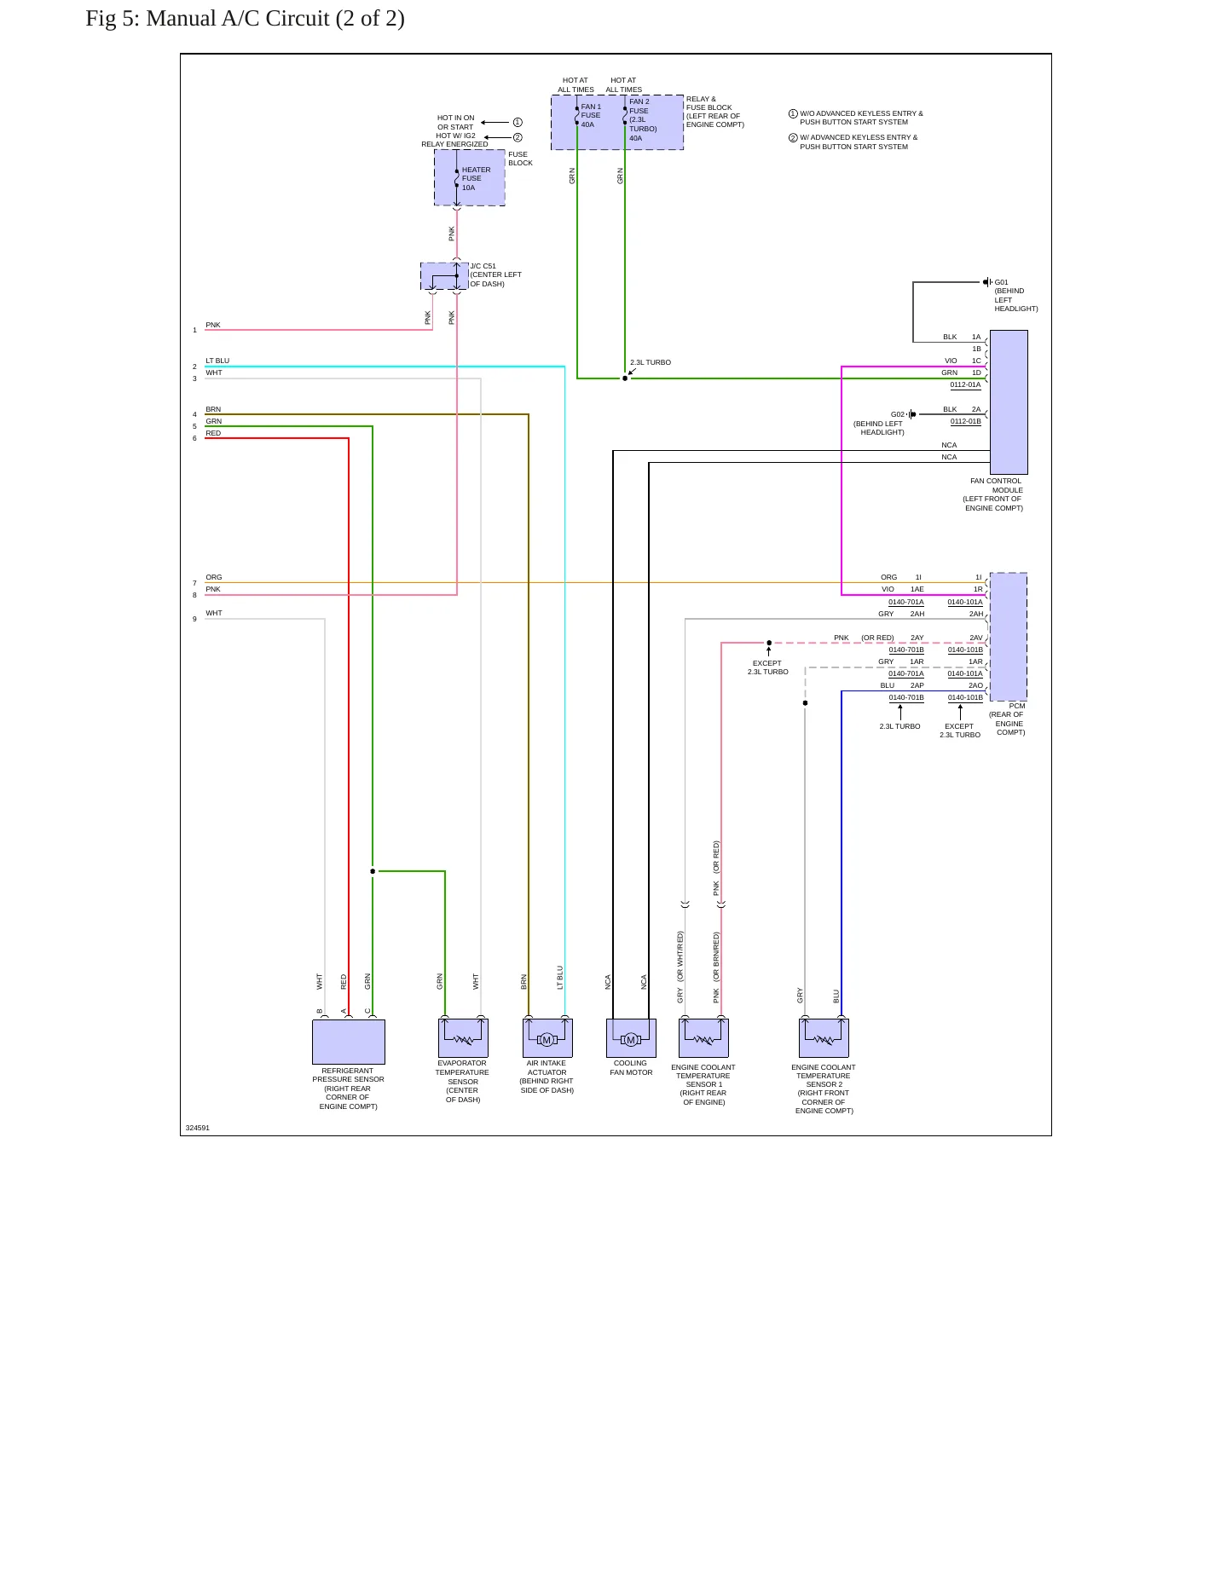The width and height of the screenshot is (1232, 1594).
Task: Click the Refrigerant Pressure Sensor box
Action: (x=348, y=1042)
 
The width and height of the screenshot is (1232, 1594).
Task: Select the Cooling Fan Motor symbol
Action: (x=631, y=1038)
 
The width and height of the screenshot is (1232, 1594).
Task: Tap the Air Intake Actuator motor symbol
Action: (x=547, y=1038)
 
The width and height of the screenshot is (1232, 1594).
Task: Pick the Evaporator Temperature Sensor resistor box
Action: (x=463, y=1038)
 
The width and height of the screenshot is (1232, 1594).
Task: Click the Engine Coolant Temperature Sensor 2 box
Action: (x=824, y=1038)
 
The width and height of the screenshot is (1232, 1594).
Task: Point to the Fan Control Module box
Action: (x=1009, y=402)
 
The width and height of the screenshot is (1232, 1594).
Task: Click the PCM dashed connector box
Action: (x=1008, y=637)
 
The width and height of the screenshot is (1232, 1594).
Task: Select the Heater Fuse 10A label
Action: (x=476, y=178)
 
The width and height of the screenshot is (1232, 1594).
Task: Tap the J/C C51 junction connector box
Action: (x=444, y=276)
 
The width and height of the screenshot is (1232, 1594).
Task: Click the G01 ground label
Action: (x=1001, y=282)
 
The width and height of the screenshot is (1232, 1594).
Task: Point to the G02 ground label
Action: (x=897, y=414)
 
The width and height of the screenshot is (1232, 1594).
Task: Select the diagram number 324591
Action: (x=197, y=1128)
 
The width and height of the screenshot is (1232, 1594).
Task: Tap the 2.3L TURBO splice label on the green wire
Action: (x=651, y=362)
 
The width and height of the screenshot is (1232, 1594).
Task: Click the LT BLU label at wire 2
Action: (x=217, y=361)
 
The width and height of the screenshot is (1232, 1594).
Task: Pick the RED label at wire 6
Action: (x=213, y=433)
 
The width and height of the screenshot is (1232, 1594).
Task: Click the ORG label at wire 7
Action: (x=213, y=577)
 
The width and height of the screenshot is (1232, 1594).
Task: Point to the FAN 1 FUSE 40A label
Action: (x=590, y=115)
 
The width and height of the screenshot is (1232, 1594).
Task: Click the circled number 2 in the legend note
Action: (x=793, y=137)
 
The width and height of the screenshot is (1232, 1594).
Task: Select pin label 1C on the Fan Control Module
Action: (x=976, y=361)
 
